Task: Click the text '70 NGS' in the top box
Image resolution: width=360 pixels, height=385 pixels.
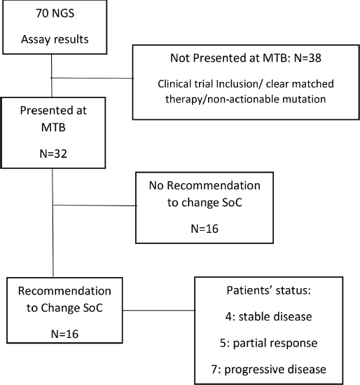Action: pyautogui.click(x=55, y=13)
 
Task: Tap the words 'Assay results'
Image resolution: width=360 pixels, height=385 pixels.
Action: pyautogui.click(x=55, y=39)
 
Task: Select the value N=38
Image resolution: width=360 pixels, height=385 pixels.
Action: pyautogui.click(x=307, y=58)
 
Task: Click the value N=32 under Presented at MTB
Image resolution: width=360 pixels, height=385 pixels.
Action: pyautogui.click(x=53, y=154)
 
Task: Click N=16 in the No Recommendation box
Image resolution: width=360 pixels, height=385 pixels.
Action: pyautogui.click(x=205, y=229)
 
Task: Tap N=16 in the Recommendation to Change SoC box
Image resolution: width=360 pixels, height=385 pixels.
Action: pyautogui.click(x=64, y=334)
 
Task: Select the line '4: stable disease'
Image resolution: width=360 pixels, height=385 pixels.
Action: pyautogui.click(x=268, y=316)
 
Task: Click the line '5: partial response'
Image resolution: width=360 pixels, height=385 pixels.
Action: pyautogui.click(x=268, y=343)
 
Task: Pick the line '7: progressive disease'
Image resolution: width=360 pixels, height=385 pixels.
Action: pyautogui.click(x=268, y=369)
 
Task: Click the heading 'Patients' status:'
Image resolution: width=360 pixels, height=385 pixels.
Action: pyautogui.click(x=268, y=290)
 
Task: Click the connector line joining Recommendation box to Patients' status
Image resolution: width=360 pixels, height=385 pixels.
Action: pyautogui.click(x=159, y=311)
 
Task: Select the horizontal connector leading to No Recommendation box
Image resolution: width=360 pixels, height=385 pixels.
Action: pyautogui.click(x=95, y=205)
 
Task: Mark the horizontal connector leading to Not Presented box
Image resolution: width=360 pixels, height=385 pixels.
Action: pyautogui.click(x=92, y=78)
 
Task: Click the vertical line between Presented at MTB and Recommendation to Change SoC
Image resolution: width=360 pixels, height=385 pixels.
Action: pyautogui.click(x=53, y=222)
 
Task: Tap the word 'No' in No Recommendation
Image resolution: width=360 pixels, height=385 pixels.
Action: pyautogui.click(x=156, y=185)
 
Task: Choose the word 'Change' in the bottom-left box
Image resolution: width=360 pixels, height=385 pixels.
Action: pyautogui.click(x=60, y=308)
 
